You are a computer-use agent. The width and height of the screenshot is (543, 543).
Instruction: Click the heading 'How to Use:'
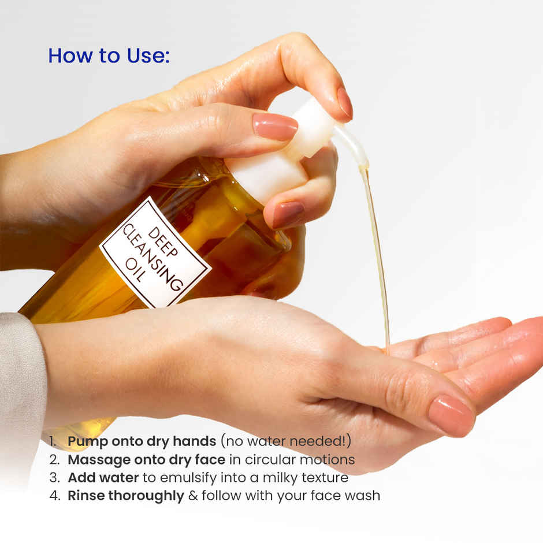pos(109,55)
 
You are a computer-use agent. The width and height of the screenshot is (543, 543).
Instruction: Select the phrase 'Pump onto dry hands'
pos(142,441)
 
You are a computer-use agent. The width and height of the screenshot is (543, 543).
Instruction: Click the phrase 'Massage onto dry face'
pos(146,460)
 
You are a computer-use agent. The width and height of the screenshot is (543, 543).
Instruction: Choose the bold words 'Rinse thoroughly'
pos(125,496)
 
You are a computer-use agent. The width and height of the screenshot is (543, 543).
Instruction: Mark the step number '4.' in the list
pos(54,496)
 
